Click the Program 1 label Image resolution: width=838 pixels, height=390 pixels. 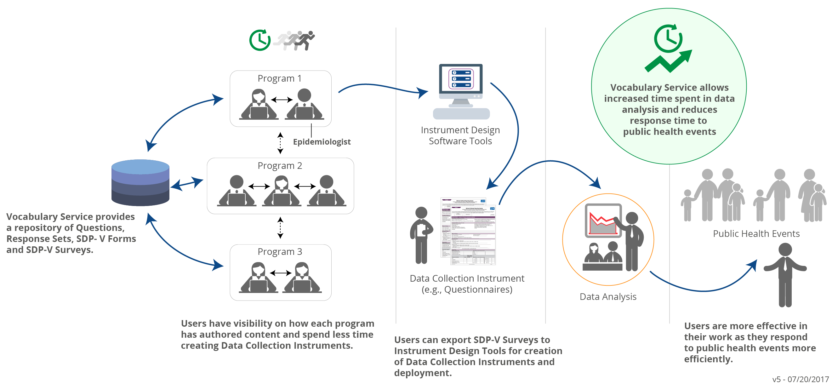[279, 78]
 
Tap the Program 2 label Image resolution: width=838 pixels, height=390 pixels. [280, 166]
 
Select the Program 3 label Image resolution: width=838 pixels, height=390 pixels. [280, 252]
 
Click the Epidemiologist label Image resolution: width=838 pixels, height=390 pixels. [322, 142]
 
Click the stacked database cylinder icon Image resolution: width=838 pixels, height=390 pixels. [140, 183]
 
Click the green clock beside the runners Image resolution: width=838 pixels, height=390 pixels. [259, 40]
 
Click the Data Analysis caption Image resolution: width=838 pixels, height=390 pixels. [608, 297]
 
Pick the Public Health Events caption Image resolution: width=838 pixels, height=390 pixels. [756, 234]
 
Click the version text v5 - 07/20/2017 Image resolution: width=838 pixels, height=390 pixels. [801, 379]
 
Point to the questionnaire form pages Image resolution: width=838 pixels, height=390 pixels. [469, 231]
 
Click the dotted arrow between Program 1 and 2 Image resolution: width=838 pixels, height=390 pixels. [280, 143]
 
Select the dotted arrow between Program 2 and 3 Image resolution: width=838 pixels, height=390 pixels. [280, 228]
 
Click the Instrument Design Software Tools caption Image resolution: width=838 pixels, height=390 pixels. [460, 136]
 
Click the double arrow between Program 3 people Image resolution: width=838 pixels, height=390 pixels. [280, 273]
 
